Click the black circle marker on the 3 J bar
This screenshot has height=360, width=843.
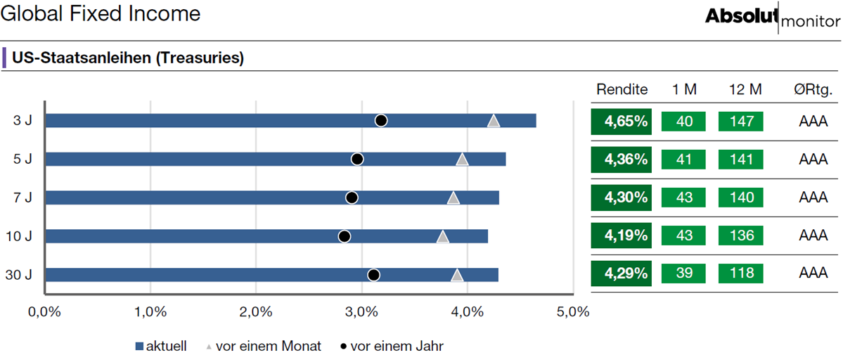381,120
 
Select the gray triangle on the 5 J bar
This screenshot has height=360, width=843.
463,159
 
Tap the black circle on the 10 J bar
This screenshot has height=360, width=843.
345,236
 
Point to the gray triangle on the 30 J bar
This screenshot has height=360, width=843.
457,275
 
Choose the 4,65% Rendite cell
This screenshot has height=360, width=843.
621,122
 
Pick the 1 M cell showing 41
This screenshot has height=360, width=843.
684,160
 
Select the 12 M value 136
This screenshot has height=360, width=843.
741,236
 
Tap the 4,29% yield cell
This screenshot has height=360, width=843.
621,274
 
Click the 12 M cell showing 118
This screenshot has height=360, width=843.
741,274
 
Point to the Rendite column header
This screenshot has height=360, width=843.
621,90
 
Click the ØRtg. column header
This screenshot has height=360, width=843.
813,90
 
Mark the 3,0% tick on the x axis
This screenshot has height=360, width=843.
362,311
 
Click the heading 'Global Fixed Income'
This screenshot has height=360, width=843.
101,14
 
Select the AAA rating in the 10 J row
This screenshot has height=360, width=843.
813,236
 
